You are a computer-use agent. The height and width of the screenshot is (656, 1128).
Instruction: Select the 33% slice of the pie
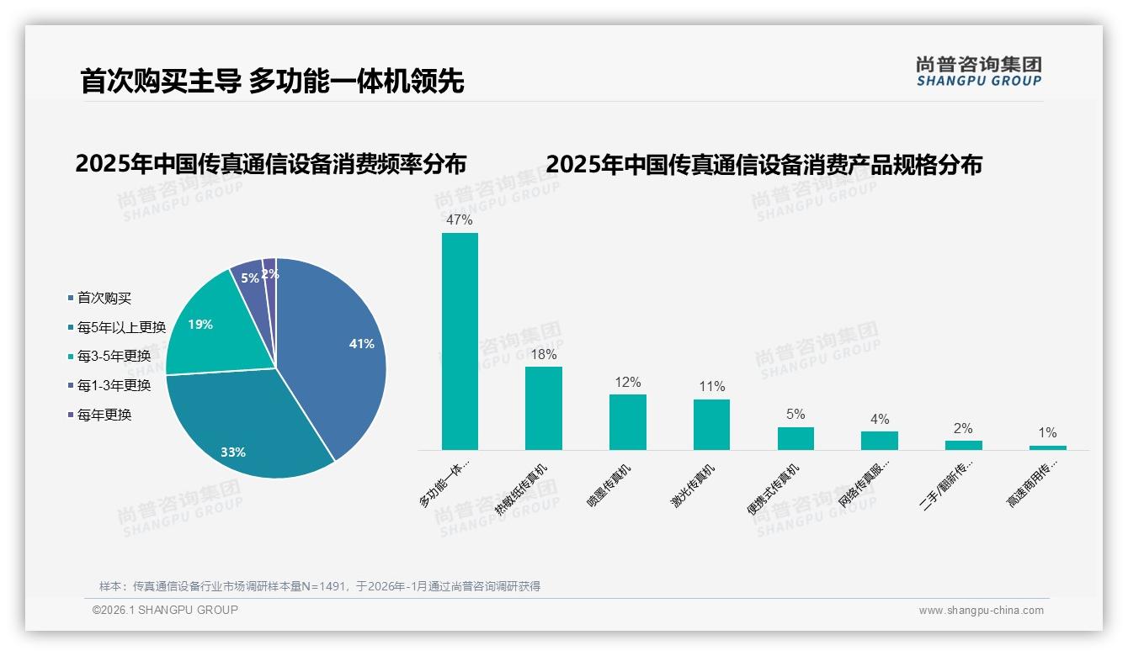click(x=244, y=429)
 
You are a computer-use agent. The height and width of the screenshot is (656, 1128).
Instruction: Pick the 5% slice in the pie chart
click(x=250, y=282)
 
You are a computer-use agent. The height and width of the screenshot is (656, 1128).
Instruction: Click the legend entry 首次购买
click(x=104, y=298)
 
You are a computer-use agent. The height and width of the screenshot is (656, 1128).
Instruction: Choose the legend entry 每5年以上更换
click(x=121, y=327)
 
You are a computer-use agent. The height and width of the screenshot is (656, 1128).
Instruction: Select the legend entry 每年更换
click(x=104, y=415)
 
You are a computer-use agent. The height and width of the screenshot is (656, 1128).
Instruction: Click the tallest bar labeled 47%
click(x=460, y=341)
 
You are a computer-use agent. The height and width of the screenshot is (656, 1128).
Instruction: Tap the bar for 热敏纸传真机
click(x=543, y=408)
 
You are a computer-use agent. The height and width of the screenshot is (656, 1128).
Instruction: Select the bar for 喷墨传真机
click(x=627, y=422)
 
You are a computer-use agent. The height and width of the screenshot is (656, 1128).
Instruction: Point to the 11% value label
click(x=711, y=387)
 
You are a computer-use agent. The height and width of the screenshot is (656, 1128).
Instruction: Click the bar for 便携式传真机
click(x=795, y=438)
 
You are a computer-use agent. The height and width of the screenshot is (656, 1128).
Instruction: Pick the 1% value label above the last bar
click(x=1047, y=432)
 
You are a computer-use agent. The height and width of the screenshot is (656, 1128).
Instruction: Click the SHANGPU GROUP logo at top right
click(x=978, y=71)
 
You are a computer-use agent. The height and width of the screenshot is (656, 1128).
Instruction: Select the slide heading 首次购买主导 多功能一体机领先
click(x=272, y=81)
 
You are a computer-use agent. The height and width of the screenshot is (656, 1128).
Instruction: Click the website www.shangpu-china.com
click(x=981, y=611)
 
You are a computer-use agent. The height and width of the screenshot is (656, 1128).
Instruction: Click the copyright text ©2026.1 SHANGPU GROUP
click(x=165, y=610)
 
